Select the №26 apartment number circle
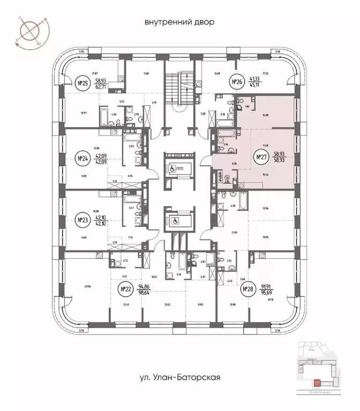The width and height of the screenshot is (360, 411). (x=237, y=82)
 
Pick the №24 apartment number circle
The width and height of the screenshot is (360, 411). (x=82, y=158)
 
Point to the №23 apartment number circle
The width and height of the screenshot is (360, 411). (x=82, y=219)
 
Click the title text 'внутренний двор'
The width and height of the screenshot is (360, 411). (x=179, y=22)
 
